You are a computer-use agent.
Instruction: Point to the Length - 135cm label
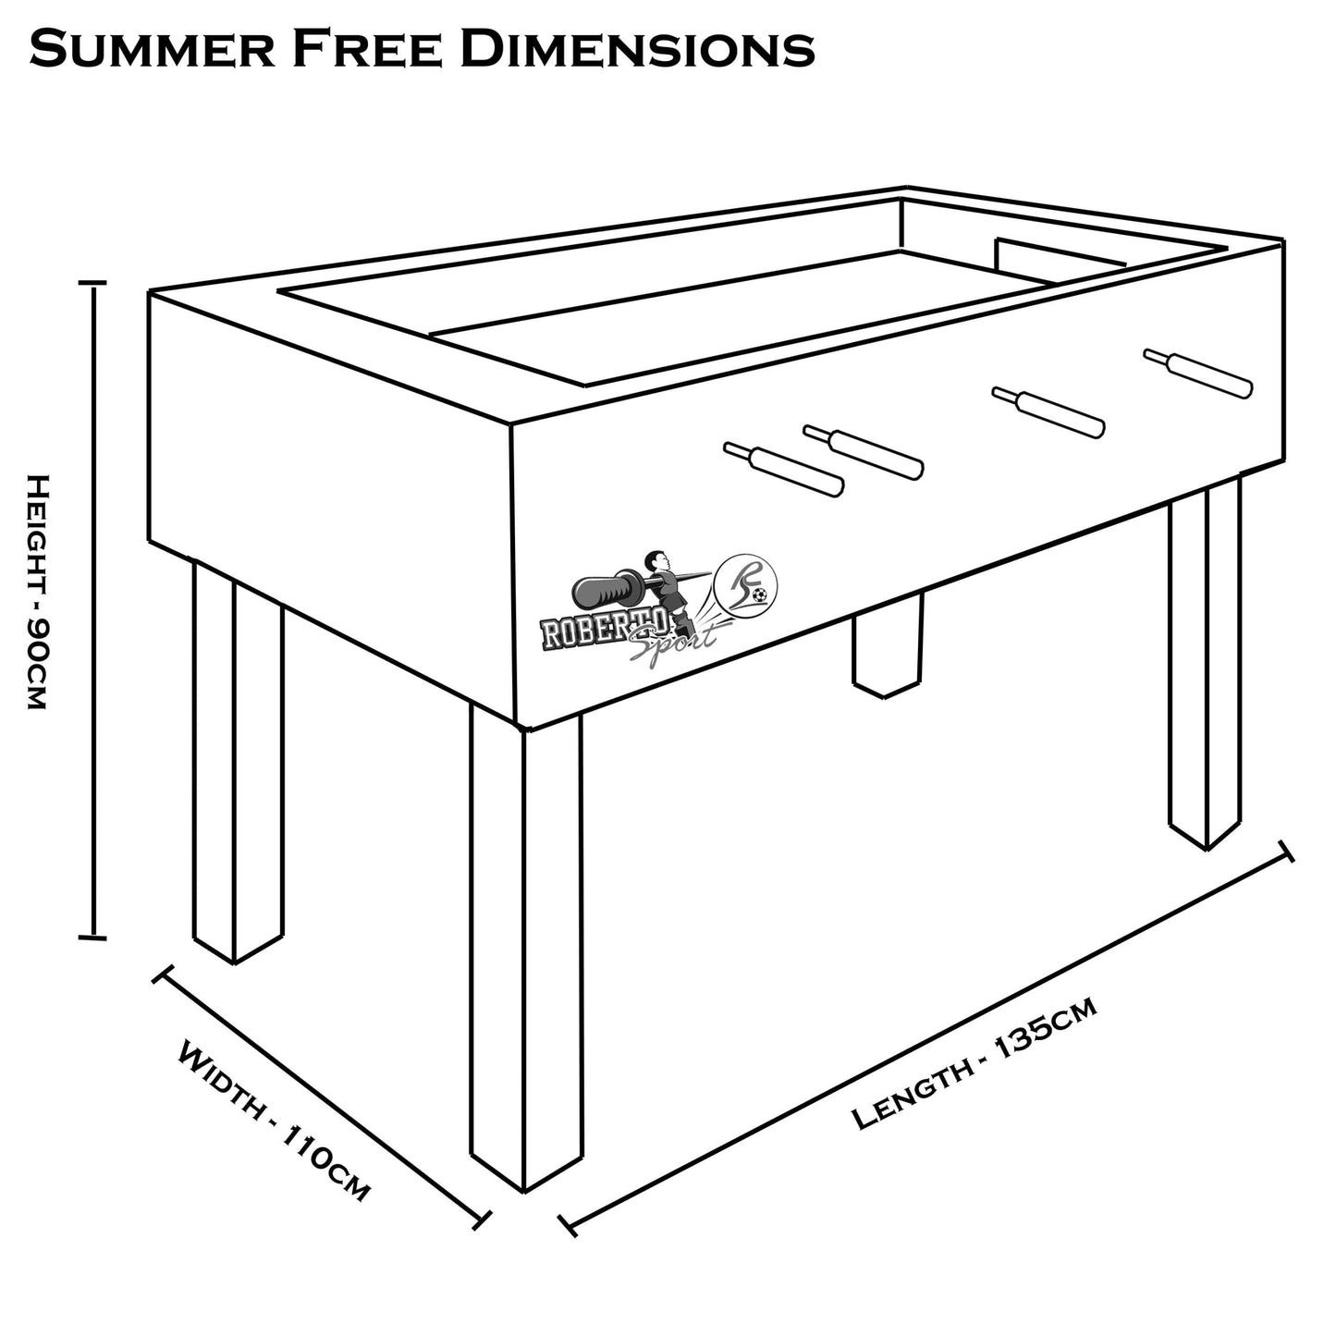click(975, 1062)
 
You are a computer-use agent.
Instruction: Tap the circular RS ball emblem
click(749, 582)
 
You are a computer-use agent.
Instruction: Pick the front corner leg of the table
click(526, 952)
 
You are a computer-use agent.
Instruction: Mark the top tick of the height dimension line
click(92, 284)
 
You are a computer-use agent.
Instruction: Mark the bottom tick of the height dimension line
click(92, 937)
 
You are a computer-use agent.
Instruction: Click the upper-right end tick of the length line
click(1284, 852)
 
